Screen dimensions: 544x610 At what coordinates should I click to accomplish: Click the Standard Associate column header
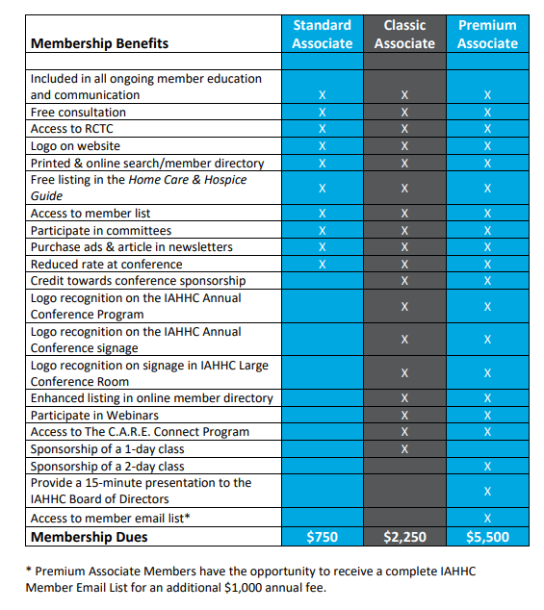pyautogui.click(x=322, y=35)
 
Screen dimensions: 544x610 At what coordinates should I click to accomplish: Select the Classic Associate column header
pyautogui.click(x=404, y=35)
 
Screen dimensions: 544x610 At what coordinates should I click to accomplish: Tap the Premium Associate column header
pyautogui.click(x=487, y=35)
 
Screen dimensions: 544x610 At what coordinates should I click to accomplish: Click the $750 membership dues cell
pyautogui.click(x=322, y=537)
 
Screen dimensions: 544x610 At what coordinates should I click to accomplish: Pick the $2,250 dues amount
pyautogui.click(x=404, y=537)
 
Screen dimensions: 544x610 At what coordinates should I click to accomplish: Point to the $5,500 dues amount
pyautogui.click(x=487, y=537)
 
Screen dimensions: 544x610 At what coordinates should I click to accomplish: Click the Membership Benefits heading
pyautogui.click(x=100, y=43)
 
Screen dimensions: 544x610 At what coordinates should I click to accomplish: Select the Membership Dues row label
pyautogui.click(x=90, y=537)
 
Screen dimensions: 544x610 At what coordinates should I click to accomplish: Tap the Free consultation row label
pyautogui.click(x=78, y=112)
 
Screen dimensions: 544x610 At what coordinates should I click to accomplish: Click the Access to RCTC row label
pyautogui.click(x=72, y=129)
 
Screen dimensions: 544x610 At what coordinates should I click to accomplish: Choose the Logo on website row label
pyautogui.click(x=75, y=146)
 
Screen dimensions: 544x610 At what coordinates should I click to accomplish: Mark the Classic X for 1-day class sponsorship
pyautogui.click(x=404, y=449)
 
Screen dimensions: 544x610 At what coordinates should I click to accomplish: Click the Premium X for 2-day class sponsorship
pyautogui.click(x=487, y=466)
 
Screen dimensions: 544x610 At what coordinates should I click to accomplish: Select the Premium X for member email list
pyautogui.click(x=487, y=519)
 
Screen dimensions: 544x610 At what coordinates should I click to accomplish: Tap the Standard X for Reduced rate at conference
pyautogui.click(x=322, y=265)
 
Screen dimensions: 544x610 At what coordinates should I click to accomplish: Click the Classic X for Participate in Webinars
pyautogui.click(x=404, y=415)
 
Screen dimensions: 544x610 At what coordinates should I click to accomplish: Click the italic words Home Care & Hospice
pyautogui.click(x=188, y=180)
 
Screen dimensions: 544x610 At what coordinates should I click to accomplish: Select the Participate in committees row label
pyautogui.click(x=101, y=231)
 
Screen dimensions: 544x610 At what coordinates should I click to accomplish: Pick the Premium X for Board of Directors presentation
pyautogui.click(x=487, y=492)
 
